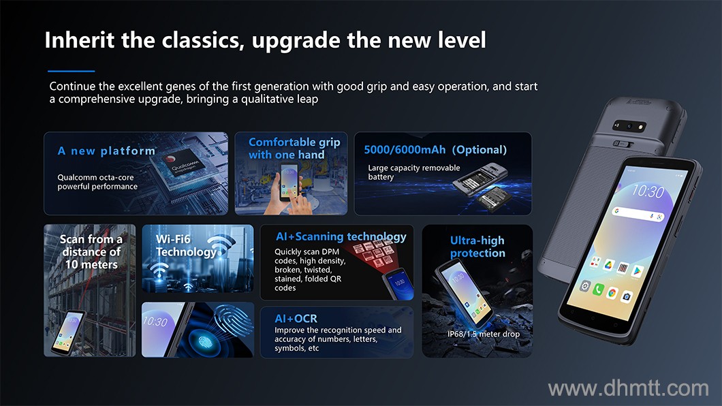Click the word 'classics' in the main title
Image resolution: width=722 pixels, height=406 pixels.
coord(203,40)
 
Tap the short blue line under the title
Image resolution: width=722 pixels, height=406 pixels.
coord(72,71)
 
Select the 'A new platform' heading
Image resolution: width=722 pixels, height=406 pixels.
coord(106,151)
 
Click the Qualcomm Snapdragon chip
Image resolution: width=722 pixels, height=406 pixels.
coord(184,166)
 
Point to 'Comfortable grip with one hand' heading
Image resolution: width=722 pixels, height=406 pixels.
coord(294,149)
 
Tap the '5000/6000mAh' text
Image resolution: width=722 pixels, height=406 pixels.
coord(405,150)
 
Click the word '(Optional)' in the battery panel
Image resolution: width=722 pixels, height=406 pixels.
coord(480,150)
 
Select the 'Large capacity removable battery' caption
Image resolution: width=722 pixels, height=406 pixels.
coord(413,172)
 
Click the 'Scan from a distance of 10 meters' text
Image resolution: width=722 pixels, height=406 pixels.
coord(91,252)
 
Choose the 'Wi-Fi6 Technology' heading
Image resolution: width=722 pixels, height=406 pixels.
coord(186,245)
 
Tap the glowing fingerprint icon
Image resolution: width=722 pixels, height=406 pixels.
coord(206,341)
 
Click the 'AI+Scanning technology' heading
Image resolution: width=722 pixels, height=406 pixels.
coord(341,236)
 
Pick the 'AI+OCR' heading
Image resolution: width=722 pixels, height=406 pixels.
coord(296,319)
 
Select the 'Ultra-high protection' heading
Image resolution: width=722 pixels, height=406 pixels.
coord(477,247)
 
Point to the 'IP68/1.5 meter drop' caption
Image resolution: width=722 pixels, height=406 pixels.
coord(484,334)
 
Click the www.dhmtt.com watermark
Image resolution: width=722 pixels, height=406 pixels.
coord(628,388)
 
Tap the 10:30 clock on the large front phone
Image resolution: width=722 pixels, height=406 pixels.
coord(648,191)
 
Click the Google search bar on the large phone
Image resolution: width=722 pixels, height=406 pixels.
coord(638,214)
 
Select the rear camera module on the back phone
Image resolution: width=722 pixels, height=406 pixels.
coord(629,126)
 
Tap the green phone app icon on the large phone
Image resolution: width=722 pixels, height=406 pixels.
coord(597,290)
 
